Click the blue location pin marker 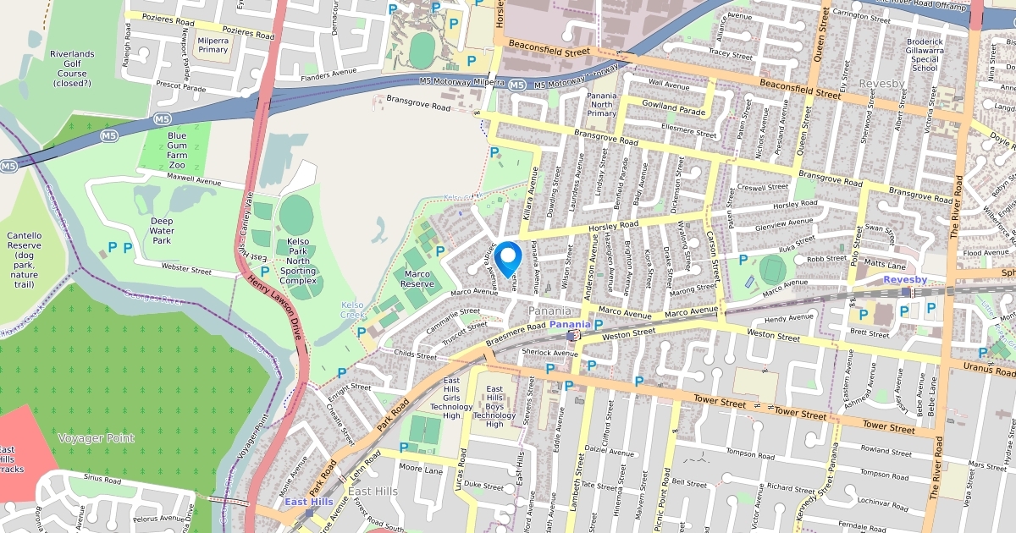pos(508,258)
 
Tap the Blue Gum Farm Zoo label pos(177,150)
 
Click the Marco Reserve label pos(417,279)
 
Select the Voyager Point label pos(96,437)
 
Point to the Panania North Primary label pos(601,105)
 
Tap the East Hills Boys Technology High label pos(494,406)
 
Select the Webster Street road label pos(185,269)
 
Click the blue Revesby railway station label pos(905,279)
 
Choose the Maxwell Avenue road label pos(193,181)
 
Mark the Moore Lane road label pos(421,468)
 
